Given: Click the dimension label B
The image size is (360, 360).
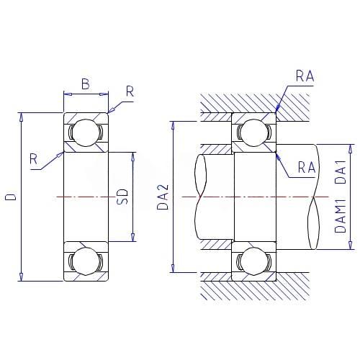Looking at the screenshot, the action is pos(86,84).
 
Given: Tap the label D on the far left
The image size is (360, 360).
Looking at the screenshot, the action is pos(11,197).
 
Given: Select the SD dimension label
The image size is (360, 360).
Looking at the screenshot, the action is pos(122,197).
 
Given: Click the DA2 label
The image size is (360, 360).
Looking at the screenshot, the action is pos(163,197).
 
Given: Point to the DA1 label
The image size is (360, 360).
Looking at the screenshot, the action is pos(341,171).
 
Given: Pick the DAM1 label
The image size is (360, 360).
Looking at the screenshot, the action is pos(341,216).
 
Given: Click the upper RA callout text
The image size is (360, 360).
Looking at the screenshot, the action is pos(305,76).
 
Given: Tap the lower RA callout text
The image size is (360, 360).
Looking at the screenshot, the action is pos(307,167).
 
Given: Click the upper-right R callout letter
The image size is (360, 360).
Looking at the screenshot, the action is pos(130,91).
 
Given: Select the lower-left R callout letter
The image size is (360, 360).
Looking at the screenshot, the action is pos(34,159).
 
